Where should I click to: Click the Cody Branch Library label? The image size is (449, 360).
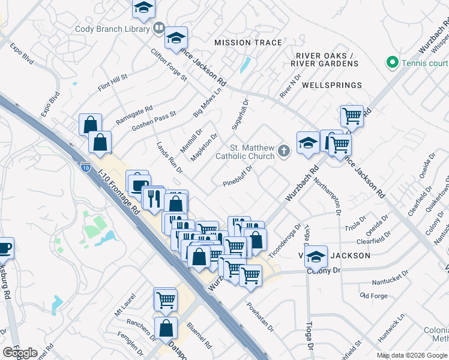(x=113, y=29)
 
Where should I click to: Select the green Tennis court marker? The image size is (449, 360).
(x=393, y=62)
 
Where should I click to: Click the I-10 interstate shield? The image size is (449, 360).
(x=86, y=169)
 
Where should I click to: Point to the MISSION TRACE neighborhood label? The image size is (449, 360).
(x=248, y=43)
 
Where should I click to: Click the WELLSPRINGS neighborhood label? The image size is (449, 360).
(x=332, y=85)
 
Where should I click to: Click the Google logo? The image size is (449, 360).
(x=20, y=353)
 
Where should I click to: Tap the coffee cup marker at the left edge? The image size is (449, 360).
(x=4, y=247)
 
